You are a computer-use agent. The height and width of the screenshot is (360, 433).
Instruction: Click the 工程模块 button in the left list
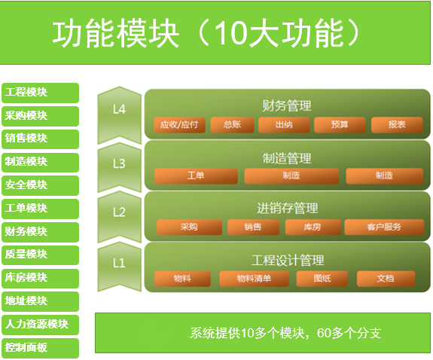click(41, 93)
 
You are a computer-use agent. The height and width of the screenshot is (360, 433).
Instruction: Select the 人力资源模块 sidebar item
click(41, 325)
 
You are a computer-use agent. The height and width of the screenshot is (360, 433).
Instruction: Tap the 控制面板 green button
click(41, 348)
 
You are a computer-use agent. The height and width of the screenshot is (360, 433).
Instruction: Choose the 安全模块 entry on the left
click(41, 185)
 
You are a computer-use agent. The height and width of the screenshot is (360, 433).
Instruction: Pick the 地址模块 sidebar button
click(41, 301)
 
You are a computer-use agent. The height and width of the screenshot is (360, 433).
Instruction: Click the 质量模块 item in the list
click(41, 255)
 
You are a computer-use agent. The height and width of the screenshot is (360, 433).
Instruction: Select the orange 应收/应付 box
click(179, 125)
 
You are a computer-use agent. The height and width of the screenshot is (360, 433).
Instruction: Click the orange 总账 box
click(232, 125)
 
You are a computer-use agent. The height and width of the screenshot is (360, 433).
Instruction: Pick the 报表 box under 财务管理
click(397, 125)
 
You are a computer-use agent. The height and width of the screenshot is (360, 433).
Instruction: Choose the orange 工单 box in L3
click(196, 176)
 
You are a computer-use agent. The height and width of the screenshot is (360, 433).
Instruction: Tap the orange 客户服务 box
click(384, 227)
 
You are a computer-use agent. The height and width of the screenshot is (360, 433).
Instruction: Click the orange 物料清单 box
click(254, 279)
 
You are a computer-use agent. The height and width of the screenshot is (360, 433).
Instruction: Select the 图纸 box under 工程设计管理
click(322, 279)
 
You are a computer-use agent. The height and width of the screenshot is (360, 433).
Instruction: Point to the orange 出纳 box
click(284, 125)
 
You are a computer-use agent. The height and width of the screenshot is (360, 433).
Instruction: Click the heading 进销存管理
click(287, 209)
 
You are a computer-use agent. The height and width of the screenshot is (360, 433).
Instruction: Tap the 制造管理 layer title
click(287, 158)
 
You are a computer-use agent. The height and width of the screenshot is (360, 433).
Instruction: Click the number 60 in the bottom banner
click(325, 333)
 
